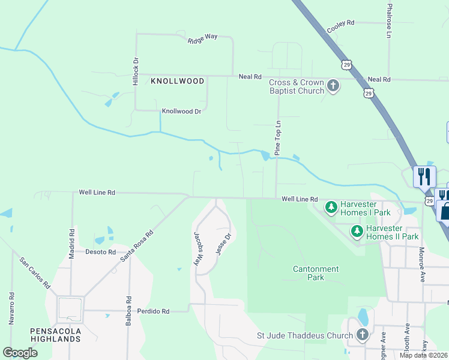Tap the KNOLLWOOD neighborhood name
(x=177, y=80)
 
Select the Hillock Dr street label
(x=136, y=71)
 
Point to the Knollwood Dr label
(x=181, y=112)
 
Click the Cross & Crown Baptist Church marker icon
(x=333, y=86)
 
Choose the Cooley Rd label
(x=340, y=26)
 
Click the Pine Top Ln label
(x=278, y=138)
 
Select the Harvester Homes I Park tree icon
(x=331, y=208)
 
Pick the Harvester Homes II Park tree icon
(x=357, y=231)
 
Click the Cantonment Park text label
(x=316, y=273)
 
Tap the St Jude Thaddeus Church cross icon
(x=362, y=334)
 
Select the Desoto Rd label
(x=100, y=252)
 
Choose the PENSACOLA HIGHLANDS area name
(x=55, y=335)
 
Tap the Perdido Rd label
(x=153, y=311)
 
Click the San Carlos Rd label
(x=35, y=273)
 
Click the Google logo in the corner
(x=20, y=352)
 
